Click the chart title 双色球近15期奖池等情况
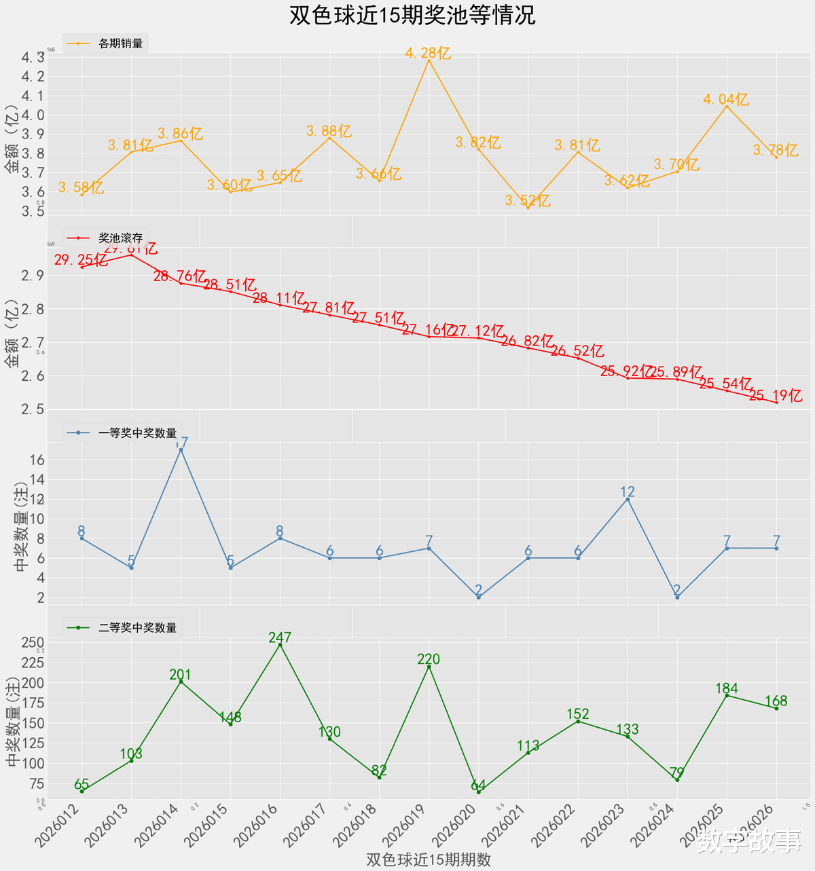[x=412, y=16]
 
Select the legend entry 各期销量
[x=120, y=43]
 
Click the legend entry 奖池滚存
[x=120, y=238]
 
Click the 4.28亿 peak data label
[x=428, y=53]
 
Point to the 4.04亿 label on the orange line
[x=725, y=100]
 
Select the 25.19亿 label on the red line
[x=776, y=396]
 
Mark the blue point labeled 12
[x=628, y=500]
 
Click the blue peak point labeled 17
[x=181, y=449]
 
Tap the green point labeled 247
[x=280, y=645]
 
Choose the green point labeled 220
[x=429, y=667]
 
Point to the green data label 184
[x=726, y=688]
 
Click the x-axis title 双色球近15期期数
[x=429, y=859]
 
